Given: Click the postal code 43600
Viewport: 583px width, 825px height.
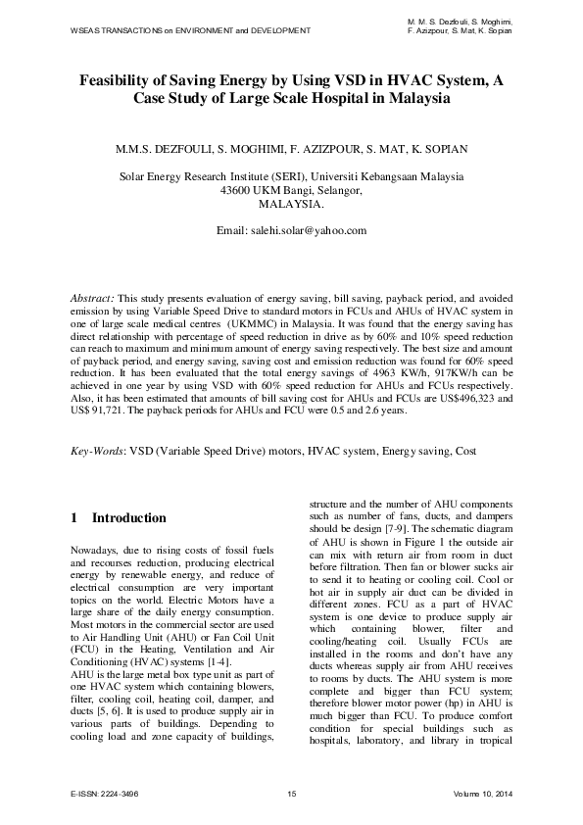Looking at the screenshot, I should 239,191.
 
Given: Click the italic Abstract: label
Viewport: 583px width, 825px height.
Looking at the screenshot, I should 93,296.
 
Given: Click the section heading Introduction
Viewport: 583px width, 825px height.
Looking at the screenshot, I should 128,517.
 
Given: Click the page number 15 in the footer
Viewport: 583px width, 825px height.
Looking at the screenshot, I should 291,793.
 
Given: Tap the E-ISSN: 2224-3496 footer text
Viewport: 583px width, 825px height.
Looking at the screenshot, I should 106,793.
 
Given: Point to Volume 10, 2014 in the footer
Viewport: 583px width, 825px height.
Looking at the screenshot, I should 483,793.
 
